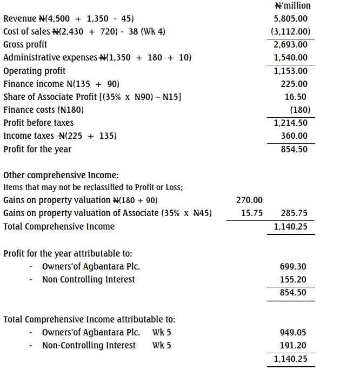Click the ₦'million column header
[x=292, y=6]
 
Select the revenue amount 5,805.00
[x=291, y=19]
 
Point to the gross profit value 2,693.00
[x=291, y=45]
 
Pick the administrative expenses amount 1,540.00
[x=291, y=58]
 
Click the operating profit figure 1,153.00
[x=291, y=71]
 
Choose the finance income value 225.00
[x=294, y=84]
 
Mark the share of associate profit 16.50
[x=296, y=97]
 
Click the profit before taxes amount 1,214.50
[x=291, y=123]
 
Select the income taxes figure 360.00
[x=294, y=136]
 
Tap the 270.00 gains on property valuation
[x=250, y=200]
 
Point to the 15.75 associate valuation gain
[x=251, y=213]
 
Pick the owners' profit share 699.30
[x=294, y=266]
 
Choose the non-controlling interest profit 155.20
[x=294, y=279]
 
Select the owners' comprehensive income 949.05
[x=294, y=332]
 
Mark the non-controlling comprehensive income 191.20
[x=294, y=345]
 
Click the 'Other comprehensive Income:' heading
[x=61, y=176]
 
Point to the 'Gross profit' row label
[x=25, y=45]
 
